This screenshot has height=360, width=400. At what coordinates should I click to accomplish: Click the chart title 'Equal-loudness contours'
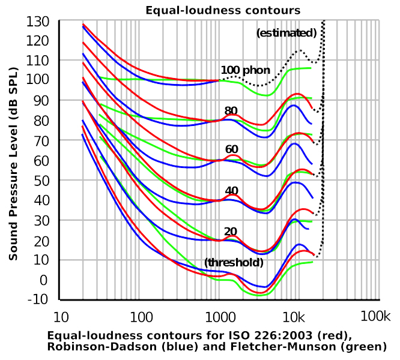click(x=223, y=10)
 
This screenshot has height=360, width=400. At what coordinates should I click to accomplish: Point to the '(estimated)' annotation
click(x=286, y=33)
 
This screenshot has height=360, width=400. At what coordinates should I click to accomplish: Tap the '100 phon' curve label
click(x=245, y=70)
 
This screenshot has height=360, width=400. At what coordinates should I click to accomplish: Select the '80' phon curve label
click(x=231, y=111)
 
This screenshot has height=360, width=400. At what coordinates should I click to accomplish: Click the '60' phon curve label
click(x=232, y=149)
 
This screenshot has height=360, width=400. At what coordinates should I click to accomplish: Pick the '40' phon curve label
click(x=232, y=191)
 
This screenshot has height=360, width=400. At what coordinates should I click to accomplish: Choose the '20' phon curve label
click(x=231, y=232)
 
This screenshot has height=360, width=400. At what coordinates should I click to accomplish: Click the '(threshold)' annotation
click(x=234, y=263)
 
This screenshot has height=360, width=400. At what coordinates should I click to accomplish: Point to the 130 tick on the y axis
click(x=38, y=22)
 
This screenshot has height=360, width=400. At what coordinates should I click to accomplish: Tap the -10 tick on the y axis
click(x=38, y=299)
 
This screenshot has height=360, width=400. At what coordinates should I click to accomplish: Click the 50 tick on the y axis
click(x=40, y=180)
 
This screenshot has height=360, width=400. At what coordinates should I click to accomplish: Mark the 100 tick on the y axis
click(x=38, y=80)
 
